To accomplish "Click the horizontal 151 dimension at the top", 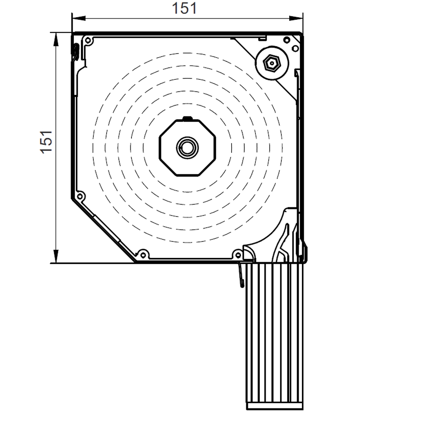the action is pyautogui.click(x=184, y=8).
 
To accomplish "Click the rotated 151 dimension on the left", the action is pyautogui.click(x=46, y=142).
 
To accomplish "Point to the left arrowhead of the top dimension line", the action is pyautogui.click(x=79, y=18).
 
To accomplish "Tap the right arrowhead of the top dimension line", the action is pyautogui.click(x=296, y=18).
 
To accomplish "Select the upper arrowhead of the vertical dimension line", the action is pyautogui.click(x=56, y=39).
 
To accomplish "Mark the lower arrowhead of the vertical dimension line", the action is pyautogui.click(x=56, y=256).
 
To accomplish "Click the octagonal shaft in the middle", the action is pyautogui.click(x=187, y=148).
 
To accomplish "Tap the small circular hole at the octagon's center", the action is pyautogui.click(x=187, y=148).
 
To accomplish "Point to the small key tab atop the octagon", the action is pyautogui.click(x=187, y=118).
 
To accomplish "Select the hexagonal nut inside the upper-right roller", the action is pyautogui.click(x=272, y=63).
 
